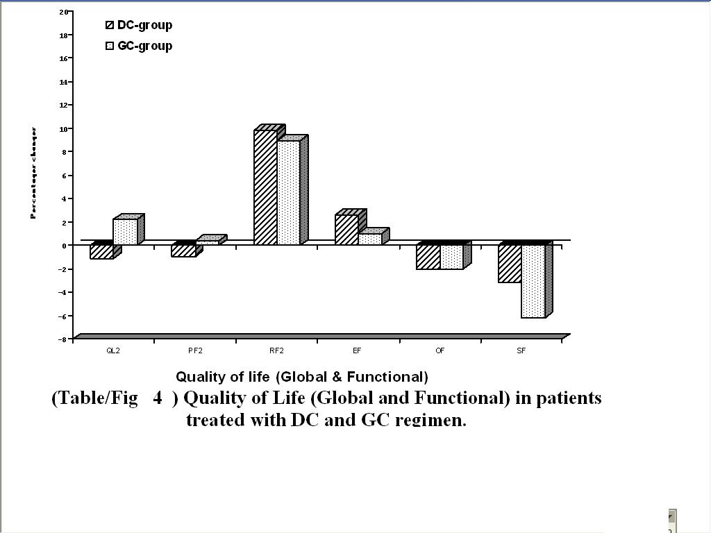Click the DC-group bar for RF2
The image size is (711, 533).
coord(265,187)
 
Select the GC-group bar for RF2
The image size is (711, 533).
coord(289,192)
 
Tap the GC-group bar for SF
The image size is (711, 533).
coord(533,281)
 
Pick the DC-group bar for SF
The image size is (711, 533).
coord(510,264)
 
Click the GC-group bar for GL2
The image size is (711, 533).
coord(125,232)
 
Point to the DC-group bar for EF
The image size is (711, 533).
coord(346,230)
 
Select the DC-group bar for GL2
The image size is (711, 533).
coord(101,252)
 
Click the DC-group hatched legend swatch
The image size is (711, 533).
coord(110,26)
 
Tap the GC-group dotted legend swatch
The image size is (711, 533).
coord(110,46)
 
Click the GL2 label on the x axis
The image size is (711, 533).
coord(113,351)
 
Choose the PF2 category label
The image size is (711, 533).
coord(195,351)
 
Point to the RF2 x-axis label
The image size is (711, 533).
coord(276,351)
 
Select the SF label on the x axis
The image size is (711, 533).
coord(521,351)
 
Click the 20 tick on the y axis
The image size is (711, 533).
coord(63,12)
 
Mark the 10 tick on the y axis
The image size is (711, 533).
coord(63,129)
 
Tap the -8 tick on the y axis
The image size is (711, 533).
coord(62,339)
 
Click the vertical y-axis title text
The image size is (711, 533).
coord(33,173)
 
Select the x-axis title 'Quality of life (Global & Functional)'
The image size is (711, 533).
coord(301,377)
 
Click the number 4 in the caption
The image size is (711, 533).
coord(158,398)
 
